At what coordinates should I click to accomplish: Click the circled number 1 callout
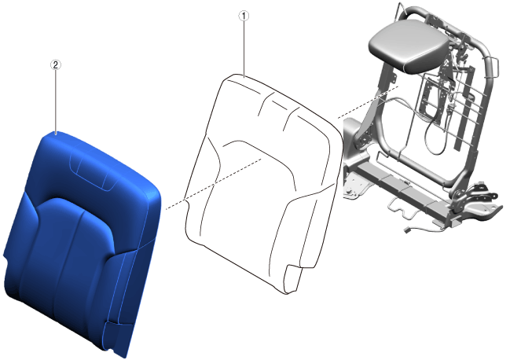point(244,16)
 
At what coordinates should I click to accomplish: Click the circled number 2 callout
point(56,64)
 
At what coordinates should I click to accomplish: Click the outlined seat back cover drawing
point(260,182)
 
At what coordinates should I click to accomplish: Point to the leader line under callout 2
point(57,101)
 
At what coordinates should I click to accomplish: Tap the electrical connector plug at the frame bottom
point(407,231)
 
